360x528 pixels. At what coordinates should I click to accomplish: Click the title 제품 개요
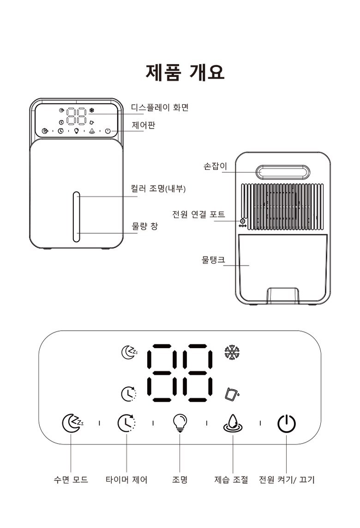click(x=185, y=72)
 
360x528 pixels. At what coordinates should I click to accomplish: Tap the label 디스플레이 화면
click(x=160, y=107)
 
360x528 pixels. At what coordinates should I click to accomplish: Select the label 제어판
click(x=143, y=125)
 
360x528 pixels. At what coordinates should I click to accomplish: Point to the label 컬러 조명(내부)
click(x=158, y=188)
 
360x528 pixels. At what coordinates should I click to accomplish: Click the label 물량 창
click(x=144, y=226)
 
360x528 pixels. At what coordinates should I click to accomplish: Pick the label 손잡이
click(x=215, y=166)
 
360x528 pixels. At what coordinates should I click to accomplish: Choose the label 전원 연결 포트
click(x=198, y=214)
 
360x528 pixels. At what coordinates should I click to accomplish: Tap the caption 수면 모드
click(x=71, y=480)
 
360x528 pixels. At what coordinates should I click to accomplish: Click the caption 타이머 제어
click(x=126, y=480)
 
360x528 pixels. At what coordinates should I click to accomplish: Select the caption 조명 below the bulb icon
click(x=180, y=480)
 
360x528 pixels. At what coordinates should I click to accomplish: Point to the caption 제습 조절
click(x=231, y=480)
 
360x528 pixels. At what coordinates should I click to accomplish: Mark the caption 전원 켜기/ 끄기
click(x=287, y=480)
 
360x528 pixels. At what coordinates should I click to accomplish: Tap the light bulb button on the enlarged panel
click(x=180, y=423)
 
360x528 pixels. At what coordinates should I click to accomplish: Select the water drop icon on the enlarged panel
click(x=233, y=423)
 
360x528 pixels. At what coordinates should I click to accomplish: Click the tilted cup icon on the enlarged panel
click(x=232, y=394)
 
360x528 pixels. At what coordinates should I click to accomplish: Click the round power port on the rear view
click(x=242, y=221)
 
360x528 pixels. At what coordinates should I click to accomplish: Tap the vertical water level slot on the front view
click(x=77, y=217)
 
